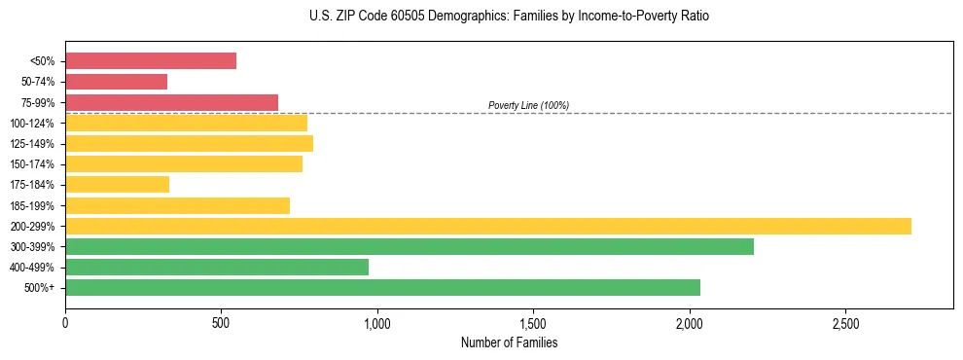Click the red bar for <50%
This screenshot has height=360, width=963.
[151, 61]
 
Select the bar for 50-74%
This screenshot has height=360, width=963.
[116, 82]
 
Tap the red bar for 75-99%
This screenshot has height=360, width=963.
[171, 102]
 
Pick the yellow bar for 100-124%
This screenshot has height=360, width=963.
[186, 123]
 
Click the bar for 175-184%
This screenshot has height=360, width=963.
[117, 184]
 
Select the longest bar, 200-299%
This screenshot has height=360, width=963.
[488, 226]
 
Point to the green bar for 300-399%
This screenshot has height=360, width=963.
[410, 246]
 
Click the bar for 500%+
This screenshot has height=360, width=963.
[382, 287]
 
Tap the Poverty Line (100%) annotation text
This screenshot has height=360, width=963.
[528, 105]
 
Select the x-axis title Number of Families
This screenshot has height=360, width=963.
[509, 342]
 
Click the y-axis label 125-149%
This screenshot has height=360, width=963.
[32, 144]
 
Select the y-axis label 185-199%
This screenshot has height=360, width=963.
[32, 205]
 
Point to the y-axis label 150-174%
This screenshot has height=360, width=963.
[32, 164]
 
